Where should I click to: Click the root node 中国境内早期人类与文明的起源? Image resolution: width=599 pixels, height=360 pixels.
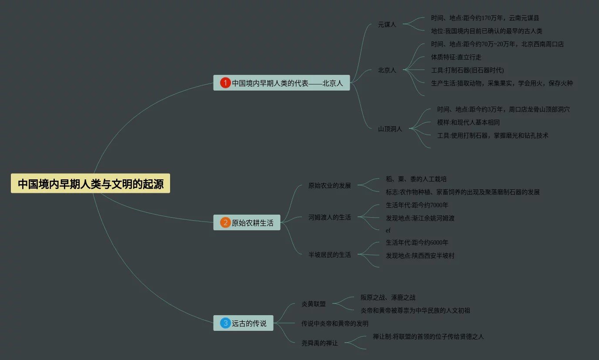pyautogui.click(x=90, y=184)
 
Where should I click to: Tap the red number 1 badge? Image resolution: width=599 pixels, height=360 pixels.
pyautogui.click(x=225, y=83)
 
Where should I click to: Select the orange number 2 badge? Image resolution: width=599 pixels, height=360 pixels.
pyautogui.click(x=225, y=223)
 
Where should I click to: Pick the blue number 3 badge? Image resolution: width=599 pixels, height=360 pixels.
pyautogui.click(x=225, y=323)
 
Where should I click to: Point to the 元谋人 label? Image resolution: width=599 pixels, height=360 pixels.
pyautogui.click(x=387, y=24)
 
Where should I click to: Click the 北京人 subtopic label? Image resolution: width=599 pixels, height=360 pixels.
pyautogui.click(x=387, y=70)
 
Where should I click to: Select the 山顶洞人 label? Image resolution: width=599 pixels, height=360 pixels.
pyautogui.click(x=390, y=129)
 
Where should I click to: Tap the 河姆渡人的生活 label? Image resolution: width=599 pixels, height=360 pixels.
pyautogui.click(x=329, y=217)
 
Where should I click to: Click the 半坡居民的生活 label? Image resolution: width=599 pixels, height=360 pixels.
pyautogui.click(x=329, y=254)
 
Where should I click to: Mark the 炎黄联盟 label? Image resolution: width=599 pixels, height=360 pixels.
pyautogui.click(x=313, y=304)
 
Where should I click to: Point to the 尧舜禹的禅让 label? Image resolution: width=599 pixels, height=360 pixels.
pyautogui.click(x=319, y=343)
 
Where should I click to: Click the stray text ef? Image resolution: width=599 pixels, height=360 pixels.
pyautogui.click(x=388, y=230)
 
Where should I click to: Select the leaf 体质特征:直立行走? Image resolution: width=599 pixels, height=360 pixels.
pyautogui.click(x=456, y=57)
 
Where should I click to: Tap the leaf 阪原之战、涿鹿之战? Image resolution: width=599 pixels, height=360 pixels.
pyautogui.click(x=388, y=297)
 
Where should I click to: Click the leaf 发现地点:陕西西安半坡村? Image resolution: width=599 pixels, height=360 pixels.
pyautogui.click(x=420, y=256)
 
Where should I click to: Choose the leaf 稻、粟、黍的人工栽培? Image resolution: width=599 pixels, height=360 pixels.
pyautogui.click(x=416, y=179)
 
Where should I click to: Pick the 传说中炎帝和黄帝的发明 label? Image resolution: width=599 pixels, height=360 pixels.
pyautogui.click(x=335, y=323)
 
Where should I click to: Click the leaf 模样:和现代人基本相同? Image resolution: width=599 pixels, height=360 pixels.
pyautogui.click(x=468, y=122)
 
